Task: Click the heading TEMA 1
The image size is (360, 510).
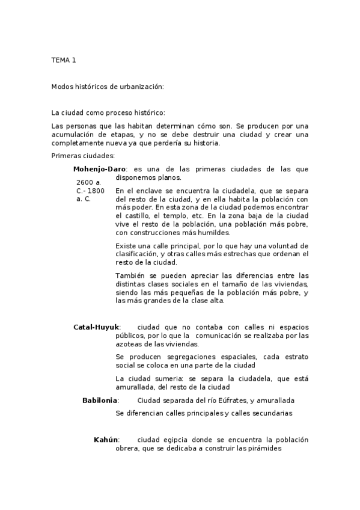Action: point(64,60)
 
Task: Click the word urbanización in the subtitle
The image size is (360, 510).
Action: point(141,87)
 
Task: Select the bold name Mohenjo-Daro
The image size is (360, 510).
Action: point(99,169)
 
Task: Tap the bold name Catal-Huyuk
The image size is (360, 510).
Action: point(96,327)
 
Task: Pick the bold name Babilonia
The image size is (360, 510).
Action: point(100,400)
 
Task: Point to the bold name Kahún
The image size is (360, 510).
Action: point(106,440)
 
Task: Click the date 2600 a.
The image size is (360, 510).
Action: point(88,182)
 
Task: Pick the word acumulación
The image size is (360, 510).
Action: point(75,134)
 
